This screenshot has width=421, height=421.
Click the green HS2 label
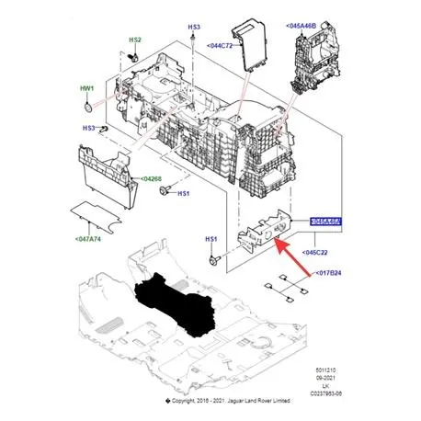134,40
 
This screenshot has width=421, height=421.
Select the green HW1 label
86,88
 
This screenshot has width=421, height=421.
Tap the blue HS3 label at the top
194,29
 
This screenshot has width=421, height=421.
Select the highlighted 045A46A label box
324,221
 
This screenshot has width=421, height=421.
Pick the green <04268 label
153,179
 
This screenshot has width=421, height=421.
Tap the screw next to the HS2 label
134,58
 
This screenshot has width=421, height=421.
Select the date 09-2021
339,375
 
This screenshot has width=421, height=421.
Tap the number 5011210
339,368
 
